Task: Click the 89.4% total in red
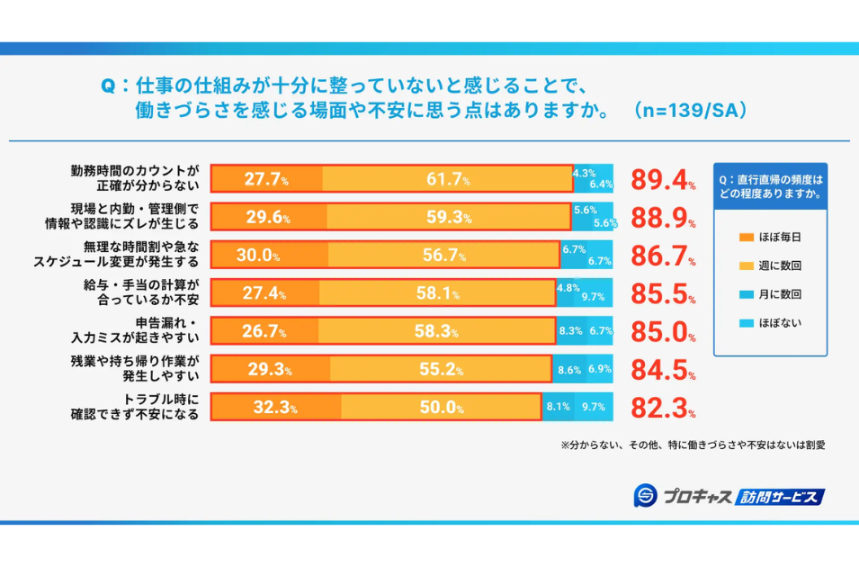(x=662, y=180)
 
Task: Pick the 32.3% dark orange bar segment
(x=275, y=407)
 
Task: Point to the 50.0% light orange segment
(x=441, y=407)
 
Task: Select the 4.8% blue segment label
(x=568, y=288)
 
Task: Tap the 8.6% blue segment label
(x=569, y=369)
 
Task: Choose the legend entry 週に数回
(x=780, y=265)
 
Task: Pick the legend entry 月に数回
(x=780, y=293)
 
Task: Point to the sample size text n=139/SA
(x=689, y=111)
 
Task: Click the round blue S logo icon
(x=644, y=495)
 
